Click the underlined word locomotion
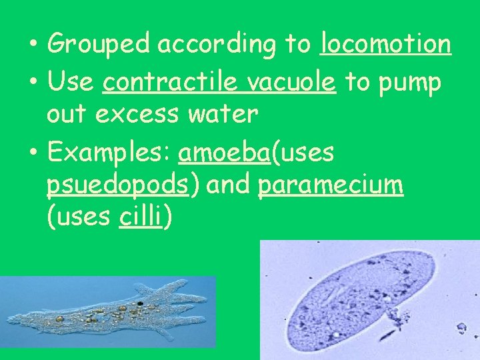385,45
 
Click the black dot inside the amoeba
140,304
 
